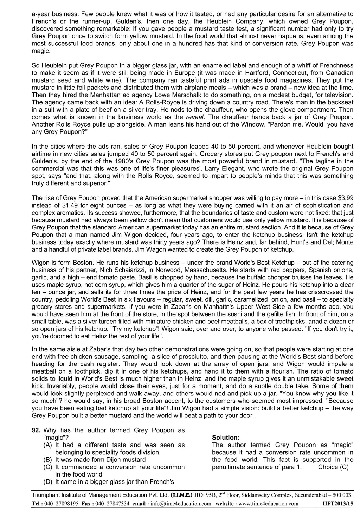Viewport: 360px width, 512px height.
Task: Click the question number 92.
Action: click(36, 430)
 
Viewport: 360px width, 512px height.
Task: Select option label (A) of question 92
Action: click(47, 445)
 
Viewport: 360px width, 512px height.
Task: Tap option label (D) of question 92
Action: click(47, 481)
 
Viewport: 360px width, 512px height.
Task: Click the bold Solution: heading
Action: click(226, 438)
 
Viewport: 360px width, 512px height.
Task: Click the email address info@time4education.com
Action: click(181, 503)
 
